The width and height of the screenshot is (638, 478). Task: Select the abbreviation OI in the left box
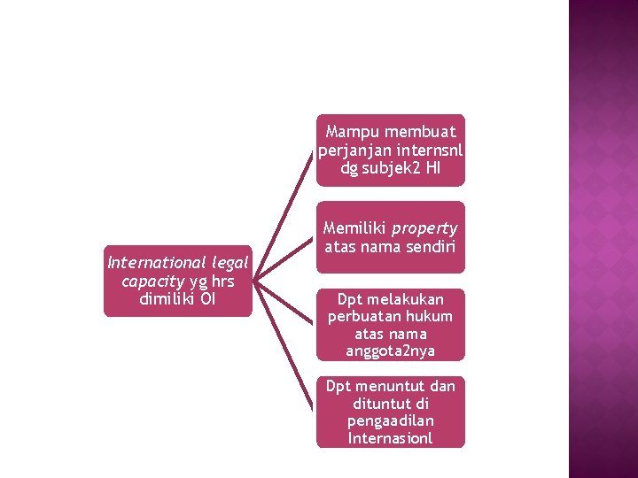click(x=208, y=298)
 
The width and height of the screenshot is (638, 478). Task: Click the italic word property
click(x=424, y=228)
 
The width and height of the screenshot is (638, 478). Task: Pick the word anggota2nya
click(x=391, y=351)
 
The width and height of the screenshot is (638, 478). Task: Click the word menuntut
click(x=392, y=386)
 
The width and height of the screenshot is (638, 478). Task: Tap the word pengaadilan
click(x=391, y=420)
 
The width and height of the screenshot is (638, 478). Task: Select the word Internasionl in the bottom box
click(x=391, y=438)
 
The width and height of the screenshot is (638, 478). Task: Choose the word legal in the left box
click(x=229, y=262)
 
